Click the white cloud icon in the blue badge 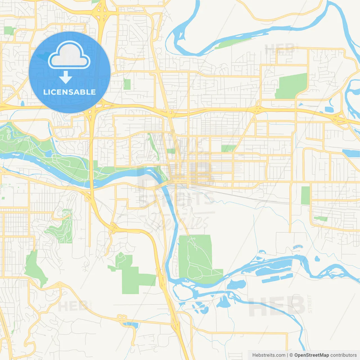point(69,55)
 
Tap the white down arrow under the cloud point(66,77)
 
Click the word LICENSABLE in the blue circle point(69,92)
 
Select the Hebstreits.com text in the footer point(269,355)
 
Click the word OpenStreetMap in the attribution point(311,355)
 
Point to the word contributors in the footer point(343,355)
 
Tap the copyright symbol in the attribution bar point(291,355)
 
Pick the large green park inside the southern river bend point(195,257)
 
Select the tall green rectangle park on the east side point(305,195)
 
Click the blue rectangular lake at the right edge point(351,153)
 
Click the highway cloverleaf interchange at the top point(102,13)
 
